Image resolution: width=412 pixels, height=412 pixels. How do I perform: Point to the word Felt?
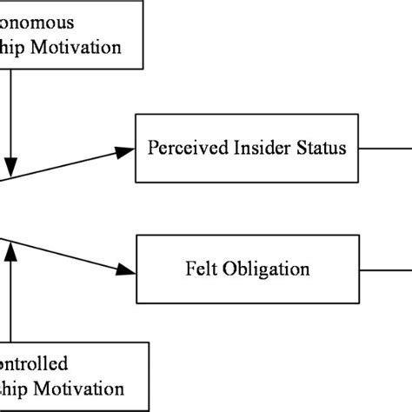point(201,267)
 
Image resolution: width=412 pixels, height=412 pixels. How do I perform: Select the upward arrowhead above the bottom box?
point(10,252)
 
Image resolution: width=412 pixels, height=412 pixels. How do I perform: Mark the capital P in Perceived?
point(153,148)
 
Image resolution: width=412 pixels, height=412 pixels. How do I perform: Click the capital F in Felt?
point(189,266)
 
